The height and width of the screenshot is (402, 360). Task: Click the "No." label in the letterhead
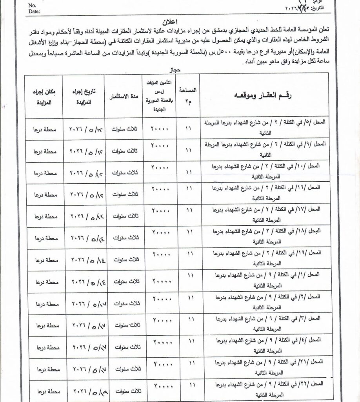click(x=33, y=6)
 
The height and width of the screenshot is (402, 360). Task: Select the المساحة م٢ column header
click(x=188, y=95)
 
